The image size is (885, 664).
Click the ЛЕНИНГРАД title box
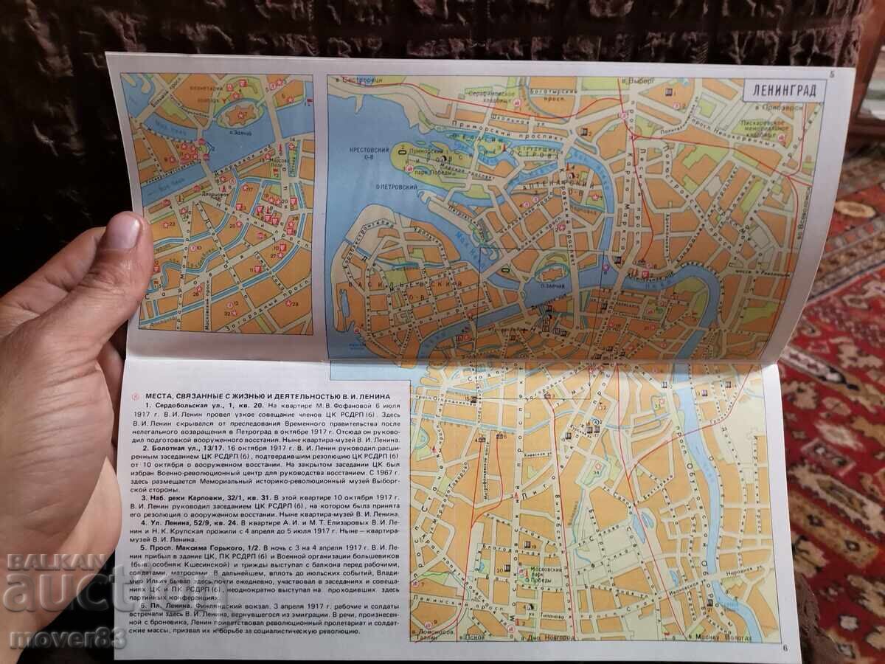783,94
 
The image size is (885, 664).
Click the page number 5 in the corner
832,73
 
